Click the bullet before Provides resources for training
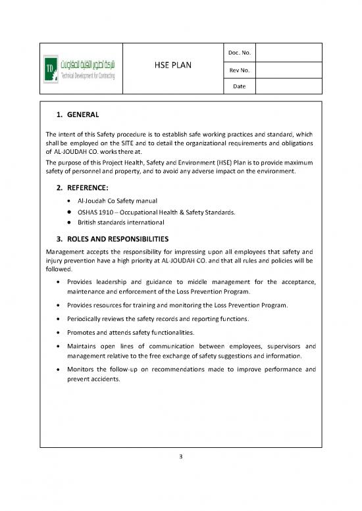tap(61, 305)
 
